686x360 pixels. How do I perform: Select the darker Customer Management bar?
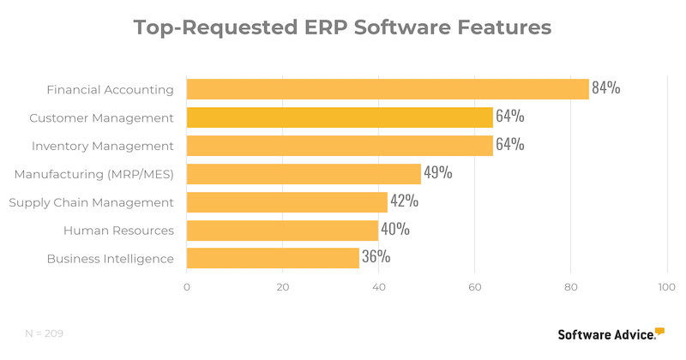point(340,117)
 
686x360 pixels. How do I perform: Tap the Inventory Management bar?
point(340,145)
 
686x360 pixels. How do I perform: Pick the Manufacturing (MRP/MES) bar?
point(304,174)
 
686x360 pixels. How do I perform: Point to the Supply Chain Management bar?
point(286,202)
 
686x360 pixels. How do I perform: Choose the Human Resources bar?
point(282,230)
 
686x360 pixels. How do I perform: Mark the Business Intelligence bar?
point(273,258)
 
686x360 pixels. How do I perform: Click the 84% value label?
point(606,87)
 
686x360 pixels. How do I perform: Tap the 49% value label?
point(438,173)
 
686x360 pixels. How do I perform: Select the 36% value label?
point(376,257)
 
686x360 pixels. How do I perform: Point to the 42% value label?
point(404,201)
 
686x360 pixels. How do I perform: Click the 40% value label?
point(394,230)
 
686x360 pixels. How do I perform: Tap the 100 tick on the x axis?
point(665,288)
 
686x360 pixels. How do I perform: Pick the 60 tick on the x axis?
point(474,288)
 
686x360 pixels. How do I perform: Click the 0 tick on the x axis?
point(187,288)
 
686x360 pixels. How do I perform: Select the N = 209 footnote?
point(44,333)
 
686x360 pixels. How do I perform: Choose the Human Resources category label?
point(118,231)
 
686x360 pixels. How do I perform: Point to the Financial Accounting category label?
point(110,90)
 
